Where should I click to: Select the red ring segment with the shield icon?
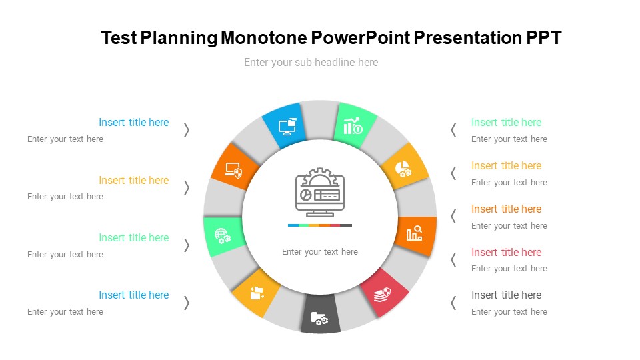coord(384,292)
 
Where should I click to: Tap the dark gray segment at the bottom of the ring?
coord(321,314)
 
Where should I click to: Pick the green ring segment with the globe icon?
coord(224,236)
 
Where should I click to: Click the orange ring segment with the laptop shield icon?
coord(234,167)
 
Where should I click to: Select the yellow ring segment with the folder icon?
coord(256,292)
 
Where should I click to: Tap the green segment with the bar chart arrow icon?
coord(353,125)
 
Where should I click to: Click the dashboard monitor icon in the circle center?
coord(320,192)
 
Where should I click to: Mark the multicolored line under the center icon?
coord(320,225)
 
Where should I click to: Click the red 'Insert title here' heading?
coord(506,252)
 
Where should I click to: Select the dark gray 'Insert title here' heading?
coord(506,295)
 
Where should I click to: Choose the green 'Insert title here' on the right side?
coord(506,122)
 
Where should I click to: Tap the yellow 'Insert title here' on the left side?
coord(134,180)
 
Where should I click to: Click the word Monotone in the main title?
coord(264,37)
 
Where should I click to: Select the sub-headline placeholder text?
coord(311,63)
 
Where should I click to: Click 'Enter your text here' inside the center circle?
coord(320,252)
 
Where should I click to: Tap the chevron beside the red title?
coord(453,259)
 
